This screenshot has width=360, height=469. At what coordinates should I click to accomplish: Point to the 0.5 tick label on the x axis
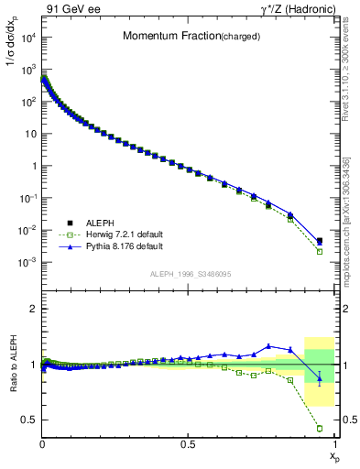point(189,444)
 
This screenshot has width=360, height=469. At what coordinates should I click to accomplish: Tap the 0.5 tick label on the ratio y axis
point(27,420)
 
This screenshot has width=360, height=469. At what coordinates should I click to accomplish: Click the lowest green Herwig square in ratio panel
point(320,428)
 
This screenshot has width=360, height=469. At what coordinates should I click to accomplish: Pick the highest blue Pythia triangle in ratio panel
point(268,346)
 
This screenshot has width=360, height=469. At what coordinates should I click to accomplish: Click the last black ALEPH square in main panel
point(320,242)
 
